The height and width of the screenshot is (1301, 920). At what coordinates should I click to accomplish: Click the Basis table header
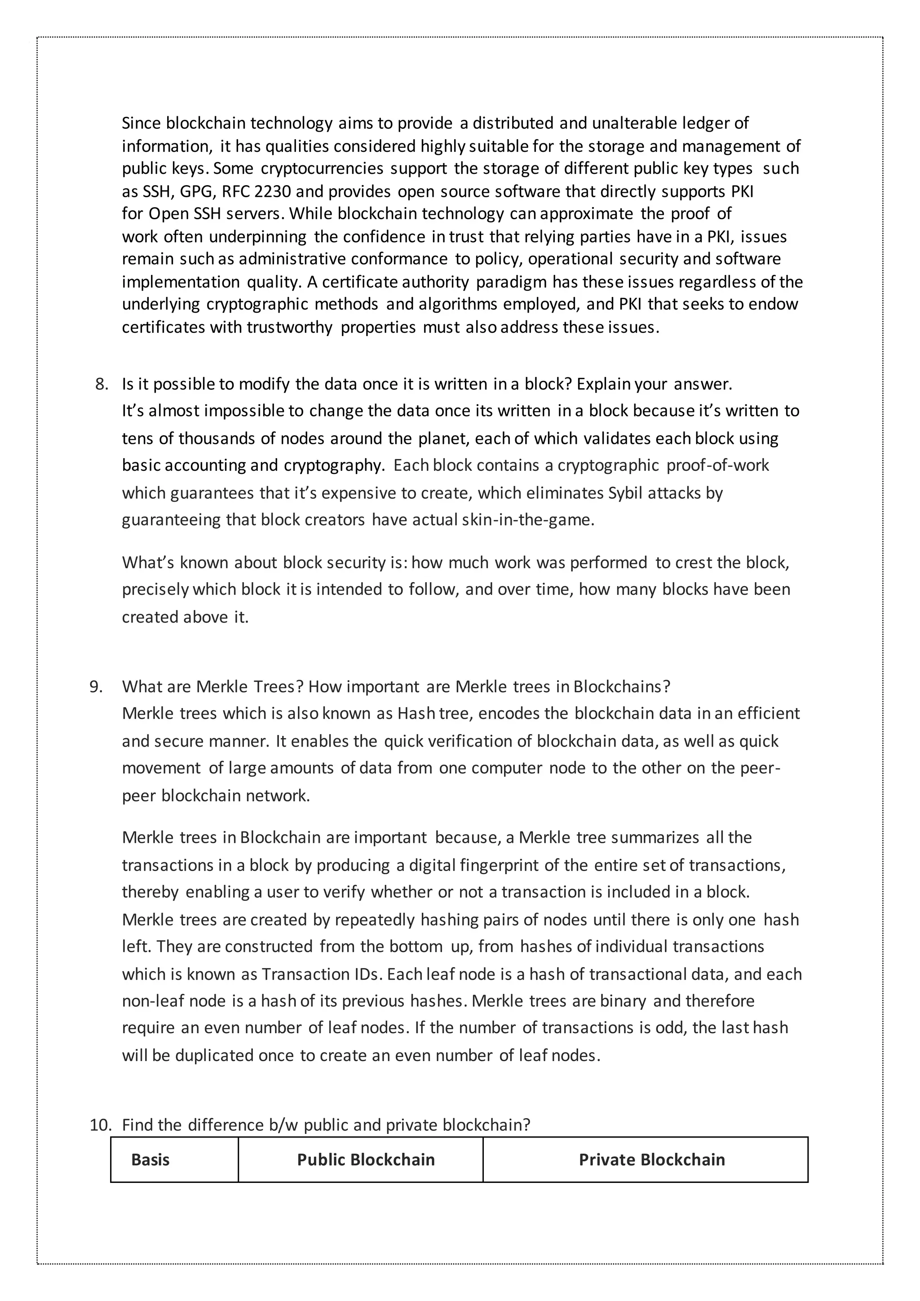(150, 1159)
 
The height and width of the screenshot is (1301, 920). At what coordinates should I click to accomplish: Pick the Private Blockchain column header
(651, 1159)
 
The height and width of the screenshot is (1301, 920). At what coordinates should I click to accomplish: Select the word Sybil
(625, 493)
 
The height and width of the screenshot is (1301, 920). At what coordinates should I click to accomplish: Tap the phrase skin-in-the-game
(527, 520)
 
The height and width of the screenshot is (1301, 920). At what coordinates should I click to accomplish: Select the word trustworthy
(289, 327)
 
